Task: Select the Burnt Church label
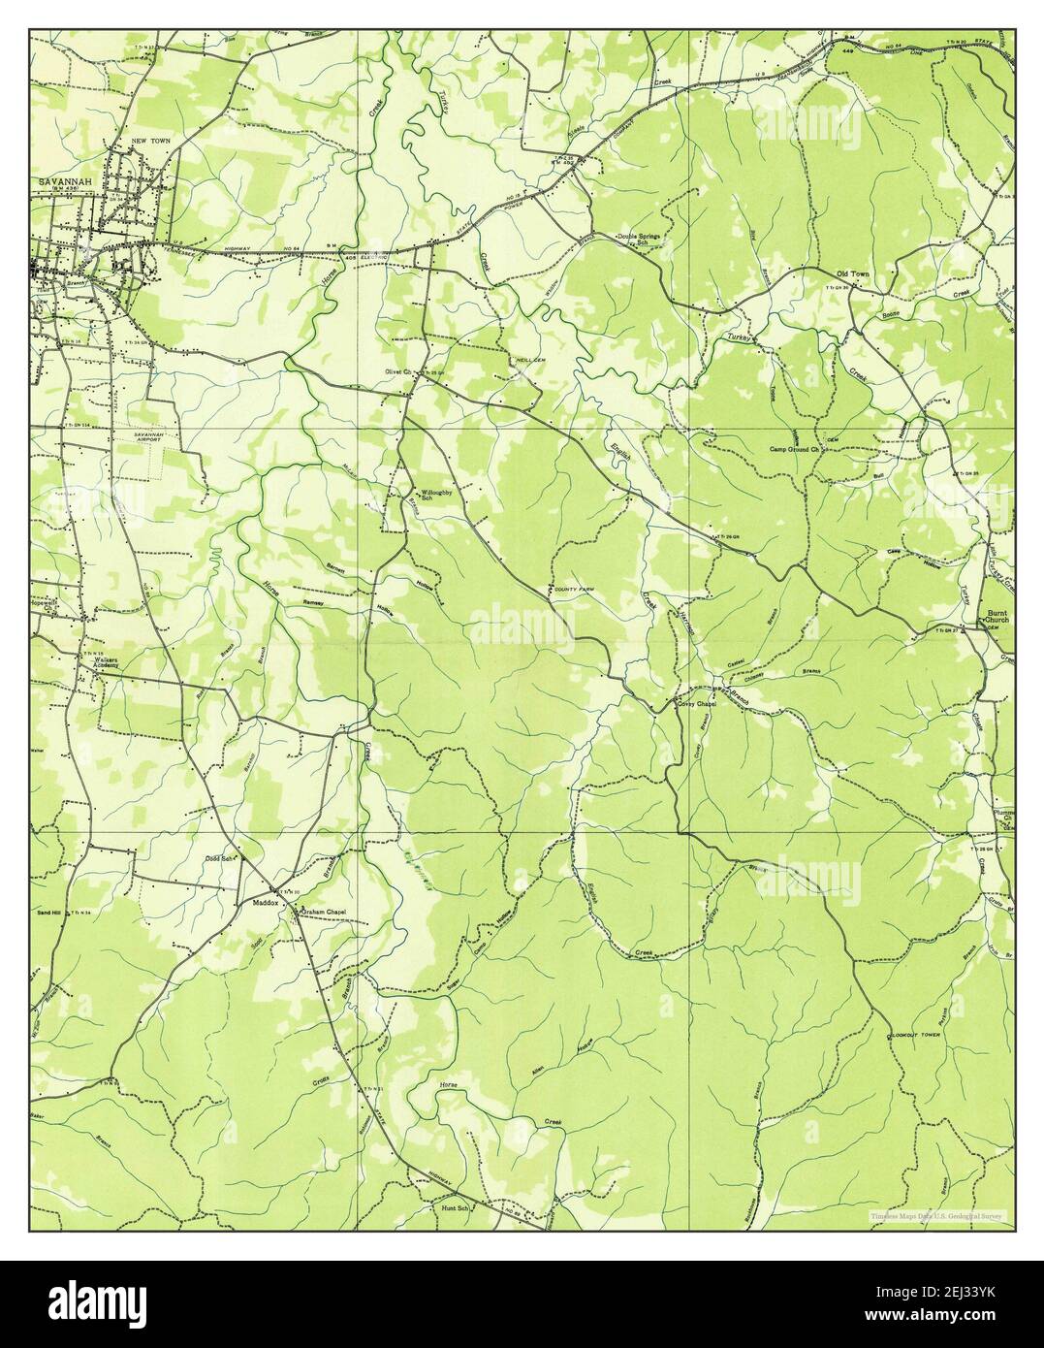997,617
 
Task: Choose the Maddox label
265,903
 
